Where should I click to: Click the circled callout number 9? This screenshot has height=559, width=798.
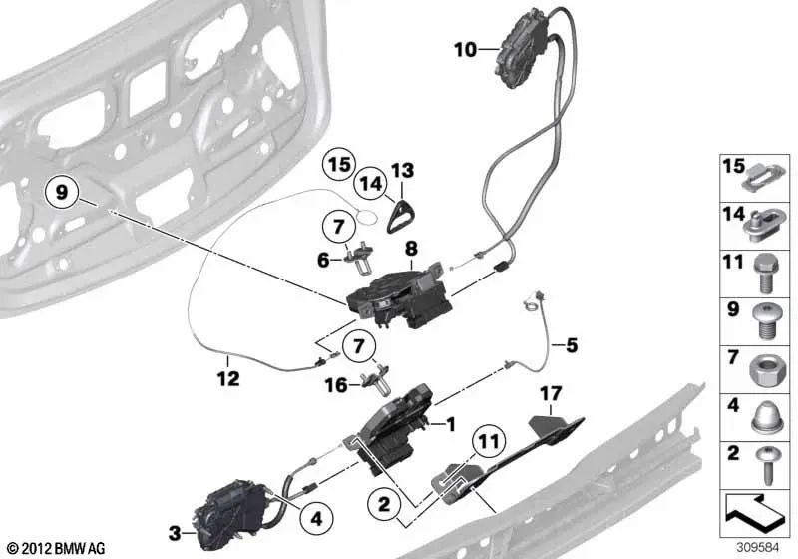[61, 193]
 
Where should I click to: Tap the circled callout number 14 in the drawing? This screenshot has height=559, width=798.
[371, 184]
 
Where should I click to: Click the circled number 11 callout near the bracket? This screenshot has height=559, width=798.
[488, 441]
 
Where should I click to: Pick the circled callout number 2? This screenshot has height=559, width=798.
[384, 504]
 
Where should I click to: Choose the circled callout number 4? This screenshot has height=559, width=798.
[316, 519]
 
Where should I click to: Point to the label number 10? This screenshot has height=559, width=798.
[465, 50]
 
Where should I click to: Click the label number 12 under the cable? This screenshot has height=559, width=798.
[227, 378]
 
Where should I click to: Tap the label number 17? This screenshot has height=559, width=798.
[551, 393]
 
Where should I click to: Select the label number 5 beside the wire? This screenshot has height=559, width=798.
[572, 345]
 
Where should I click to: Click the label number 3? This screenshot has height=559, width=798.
[175, 533]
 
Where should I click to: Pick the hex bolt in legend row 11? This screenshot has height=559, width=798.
[764, 274]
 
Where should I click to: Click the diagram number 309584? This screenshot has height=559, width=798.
[758, 548]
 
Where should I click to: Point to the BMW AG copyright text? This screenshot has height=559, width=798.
[57, 548]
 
